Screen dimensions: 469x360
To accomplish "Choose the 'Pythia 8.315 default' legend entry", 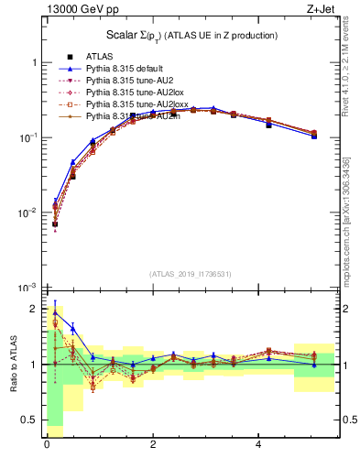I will pyautogui.click(x=125, y=69).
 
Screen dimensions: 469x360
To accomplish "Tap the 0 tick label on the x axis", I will pyautogui.click(x=46, y=445).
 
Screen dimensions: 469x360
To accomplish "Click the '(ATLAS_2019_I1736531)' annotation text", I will pyautogui.click(x=190, y=274).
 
